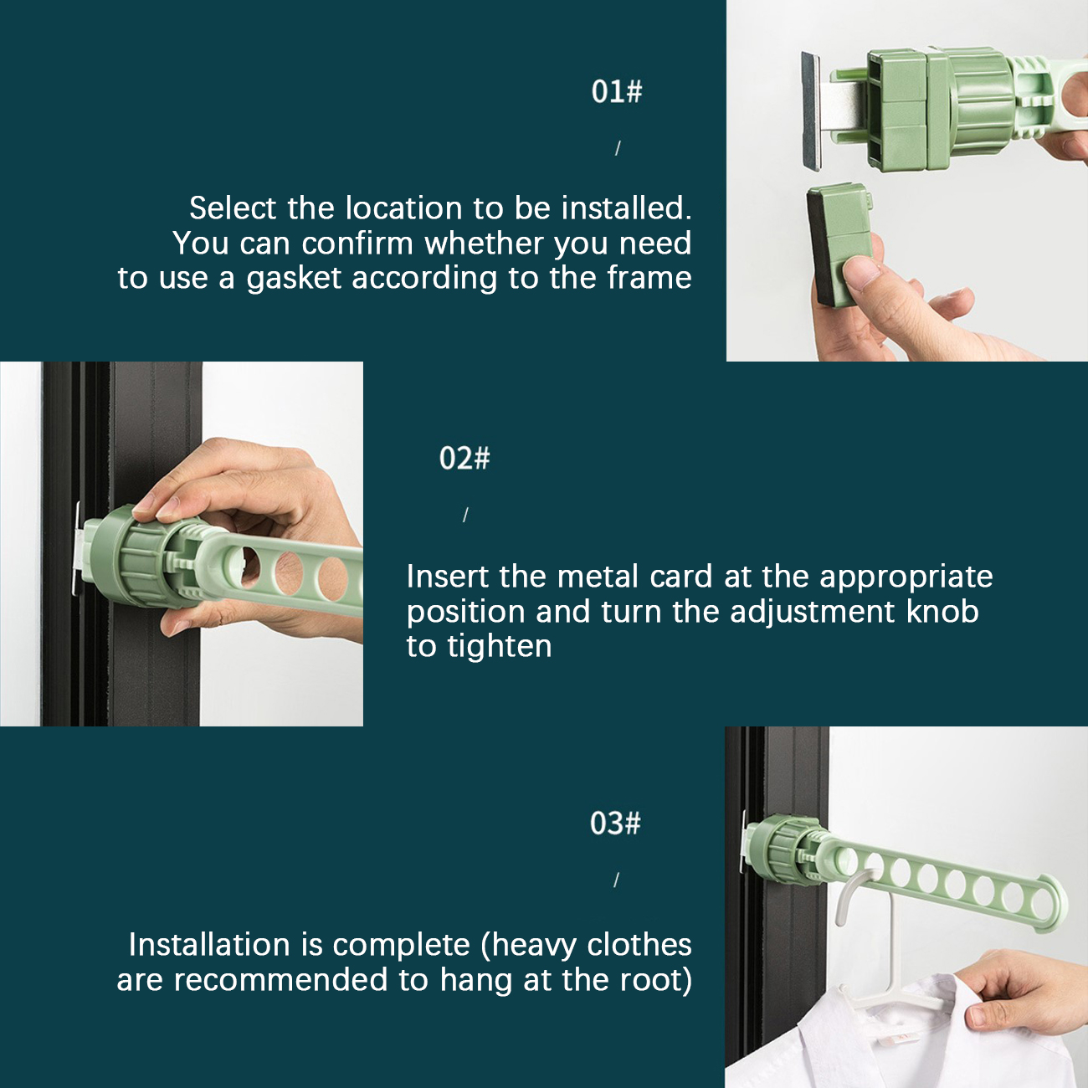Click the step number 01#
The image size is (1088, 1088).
pyautogui.click(x=617, y=91)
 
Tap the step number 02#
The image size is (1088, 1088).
pyautogui.click(x=464, y=458)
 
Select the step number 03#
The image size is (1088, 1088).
pyautogui.click(x=615, y=824)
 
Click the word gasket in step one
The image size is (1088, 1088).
pyautogui.click(x=294, y=279)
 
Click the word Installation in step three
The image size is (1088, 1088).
pyautogui.click(x=209, y=945)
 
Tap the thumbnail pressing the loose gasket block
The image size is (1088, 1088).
pyautogui.click(x=860, y=272)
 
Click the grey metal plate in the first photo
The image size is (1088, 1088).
pyautogui.click(x=811, y=110)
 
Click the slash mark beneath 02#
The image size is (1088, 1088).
pyautogui.click(x=465, y=515)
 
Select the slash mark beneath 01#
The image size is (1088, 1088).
pyautogui.click(x=618, y=148)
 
